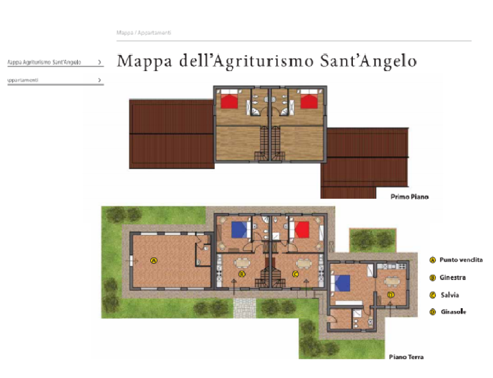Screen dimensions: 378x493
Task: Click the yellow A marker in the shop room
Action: pyautogui.click(x=154, y=260)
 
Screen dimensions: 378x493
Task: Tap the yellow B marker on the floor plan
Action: pyautogui.click(x=241, y=274)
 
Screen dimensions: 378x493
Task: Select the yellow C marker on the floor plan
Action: pyautogui.click(x=295, y=274)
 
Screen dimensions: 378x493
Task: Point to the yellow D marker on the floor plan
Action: pyautogui.click(x=390, y=294)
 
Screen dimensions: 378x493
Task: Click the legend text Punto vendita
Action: pyautogui.click(x=461, y=260)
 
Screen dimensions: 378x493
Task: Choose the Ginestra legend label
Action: pyautogui.click(x=453, y=277)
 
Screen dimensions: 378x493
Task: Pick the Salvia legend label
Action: pyautogui.click(x=449, y=295)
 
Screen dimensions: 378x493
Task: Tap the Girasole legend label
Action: pyautogui.click(x=453, y=312)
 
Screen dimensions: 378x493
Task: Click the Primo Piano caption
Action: pyautogui.click(x=409, y=197)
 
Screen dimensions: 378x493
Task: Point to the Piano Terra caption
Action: pyautogui.click(x=406, y=357)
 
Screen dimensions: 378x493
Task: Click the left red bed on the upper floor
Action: pyautogui.click(x=230, y=101)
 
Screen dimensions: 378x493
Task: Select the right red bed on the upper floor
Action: pyautogui.click(x=309, y=101)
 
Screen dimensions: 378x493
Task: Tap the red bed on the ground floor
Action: pyautogui.click(x=301, y=230)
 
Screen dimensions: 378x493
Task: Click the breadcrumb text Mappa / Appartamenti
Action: pyautogui.click(x=144, y=32)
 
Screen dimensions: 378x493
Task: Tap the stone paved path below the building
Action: pyautogui.click(x=245, y=308)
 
